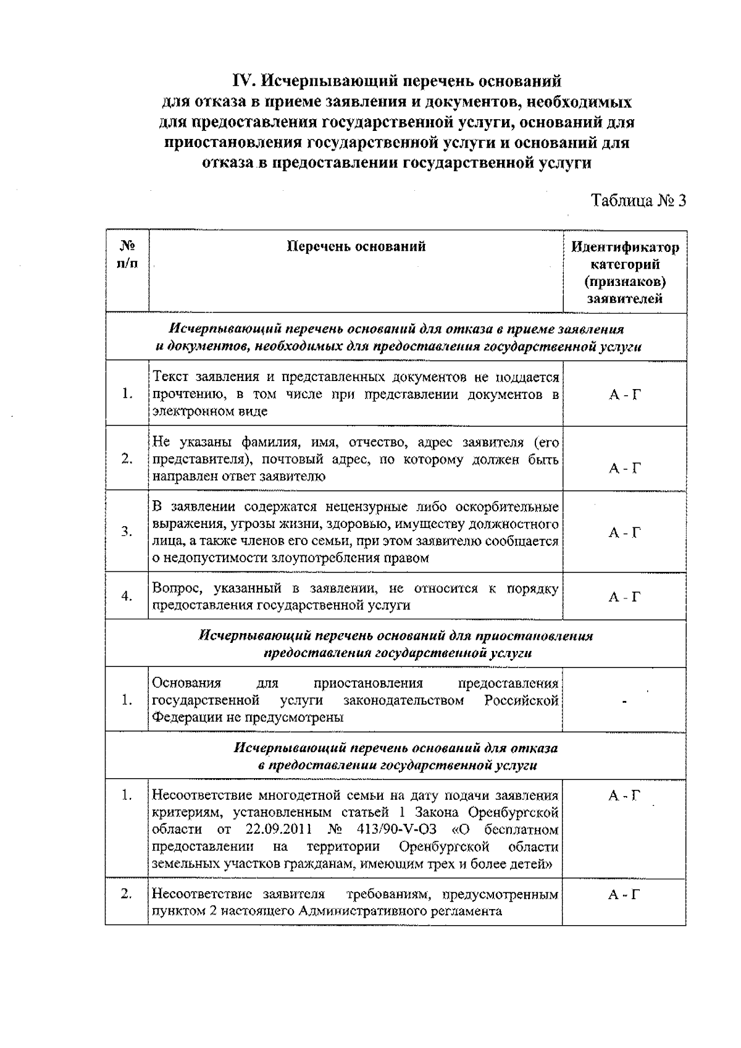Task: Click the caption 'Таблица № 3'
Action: (x=639, y=201)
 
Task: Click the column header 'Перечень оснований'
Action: (x=356, y=247)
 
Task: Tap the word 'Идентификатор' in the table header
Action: (x=624, y=248)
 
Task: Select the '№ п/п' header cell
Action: (x=127, y=255)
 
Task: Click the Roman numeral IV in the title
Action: (x=245, y=81)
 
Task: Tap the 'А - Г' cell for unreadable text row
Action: (x=624, y=395)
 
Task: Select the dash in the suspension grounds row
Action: (x=624, y=701)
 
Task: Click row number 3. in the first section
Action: (x=127, y=532)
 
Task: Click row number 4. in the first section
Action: (x=127, y=597)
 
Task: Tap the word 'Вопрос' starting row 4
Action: (x=174, y=589)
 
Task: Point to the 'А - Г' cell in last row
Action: (x=624, y=895)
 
